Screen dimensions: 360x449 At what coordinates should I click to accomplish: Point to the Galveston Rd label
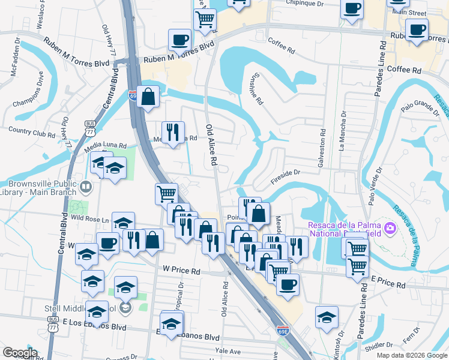322,140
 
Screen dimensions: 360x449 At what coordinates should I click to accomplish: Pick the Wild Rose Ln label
91,220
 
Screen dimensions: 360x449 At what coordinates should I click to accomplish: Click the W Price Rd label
182,271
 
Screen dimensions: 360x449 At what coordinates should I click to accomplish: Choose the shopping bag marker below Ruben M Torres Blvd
148,97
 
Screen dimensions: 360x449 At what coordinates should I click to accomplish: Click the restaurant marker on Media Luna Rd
173,131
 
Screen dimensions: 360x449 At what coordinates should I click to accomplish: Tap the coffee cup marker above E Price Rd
288,284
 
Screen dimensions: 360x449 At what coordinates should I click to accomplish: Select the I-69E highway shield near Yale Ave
283,330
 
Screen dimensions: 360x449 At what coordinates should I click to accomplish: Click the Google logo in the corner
19,353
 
